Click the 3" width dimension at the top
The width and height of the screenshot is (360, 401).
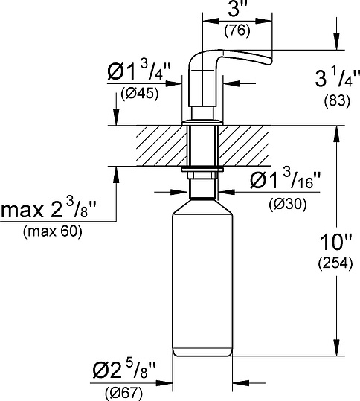(235, 11)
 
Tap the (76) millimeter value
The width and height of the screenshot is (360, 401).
(236, 31)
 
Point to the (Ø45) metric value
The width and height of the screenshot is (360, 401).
(139, 94)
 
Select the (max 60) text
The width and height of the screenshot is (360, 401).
(53, 231)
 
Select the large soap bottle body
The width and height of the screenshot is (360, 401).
(202, 283)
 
